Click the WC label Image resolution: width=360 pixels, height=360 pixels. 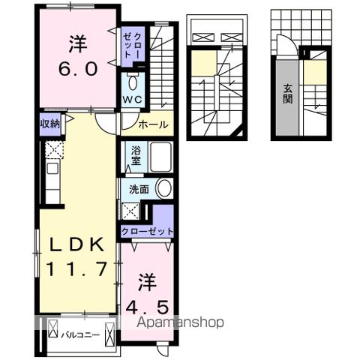coord(133,99)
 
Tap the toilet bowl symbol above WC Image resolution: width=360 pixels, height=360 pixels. coord(133,81)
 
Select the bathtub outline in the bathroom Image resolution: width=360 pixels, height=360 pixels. coord(161,158)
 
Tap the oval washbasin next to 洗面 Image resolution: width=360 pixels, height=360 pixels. coord(163,189)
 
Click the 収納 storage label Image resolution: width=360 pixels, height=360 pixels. coord(49,124)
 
